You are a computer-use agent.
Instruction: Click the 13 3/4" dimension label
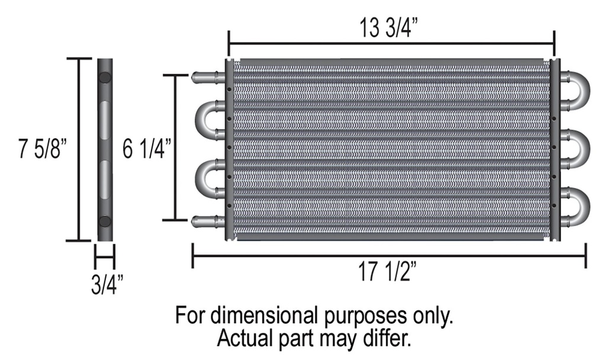click(x=389, y=28)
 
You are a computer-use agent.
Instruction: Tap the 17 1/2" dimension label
click(x=388, y=271)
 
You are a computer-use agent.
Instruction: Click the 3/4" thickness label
click(x=108, y=284)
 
